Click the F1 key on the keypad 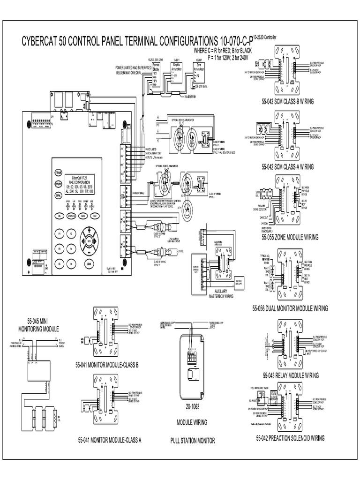coord(59,233)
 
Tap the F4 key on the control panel coord(71,248)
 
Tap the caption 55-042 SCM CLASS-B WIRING coord(288,101)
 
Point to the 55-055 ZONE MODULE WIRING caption coord(290,237)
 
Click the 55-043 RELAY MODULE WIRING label coord(290,375)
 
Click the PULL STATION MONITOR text coord(192,441)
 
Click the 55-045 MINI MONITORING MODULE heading coord(38,325)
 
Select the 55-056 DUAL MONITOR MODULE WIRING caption coord(290,308)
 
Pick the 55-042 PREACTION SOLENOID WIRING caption coord(290,438)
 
